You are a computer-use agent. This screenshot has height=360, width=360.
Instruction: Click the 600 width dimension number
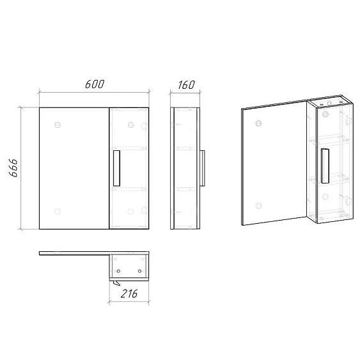95,84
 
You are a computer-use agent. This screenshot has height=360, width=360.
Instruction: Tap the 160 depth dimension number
187,84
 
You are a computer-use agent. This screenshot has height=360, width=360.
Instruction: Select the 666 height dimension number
13,168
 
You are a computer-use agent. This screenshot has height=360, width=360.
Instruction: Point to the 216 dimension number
129,293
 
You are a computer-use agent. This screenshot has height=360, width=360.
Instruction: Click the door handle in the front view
116,168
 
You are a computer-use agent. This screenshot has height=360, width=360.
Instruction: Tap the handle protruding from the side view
202,168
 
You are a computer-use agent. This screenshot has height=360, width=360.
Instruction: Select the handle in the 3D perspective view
325,166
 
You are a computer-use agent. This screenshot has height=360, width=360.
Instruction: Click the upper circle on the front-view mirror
58,125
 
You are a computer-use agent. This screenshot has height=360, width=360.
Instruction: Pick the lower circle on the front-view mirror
58,211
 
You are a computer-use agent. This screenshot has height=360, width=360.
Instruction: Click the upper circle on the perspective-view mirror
258,123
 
